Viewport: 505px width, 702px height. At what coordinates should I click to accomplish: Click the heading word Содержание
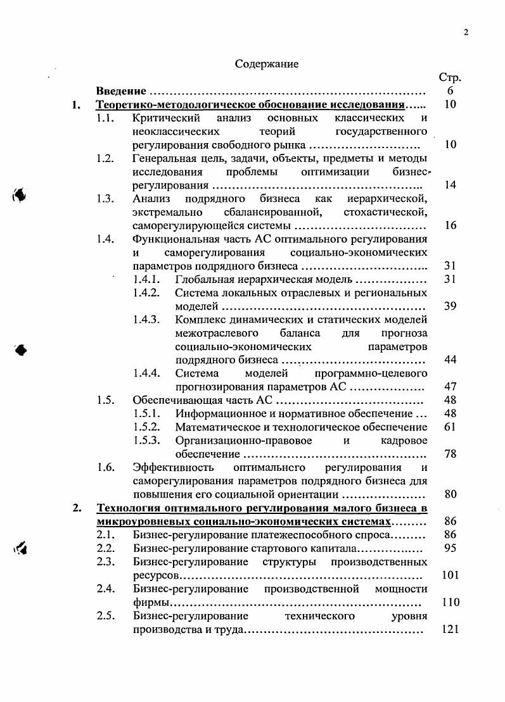[267, 64]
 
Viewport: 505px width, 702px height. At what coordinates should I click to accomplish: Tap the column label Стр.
[450, 78]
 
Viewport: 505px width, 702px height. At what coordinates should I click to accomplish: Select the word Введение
[122, 91]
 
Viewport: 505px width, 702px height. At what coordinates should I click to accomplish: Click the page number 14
[451, 185]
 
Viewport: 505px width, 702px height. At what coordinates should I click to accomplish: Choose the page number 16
[451, 225]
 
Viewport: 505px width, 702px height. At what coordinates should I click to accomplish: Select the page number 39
[451, 306]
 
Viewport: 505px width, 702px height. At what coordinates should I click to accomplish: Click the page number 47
[451, 387]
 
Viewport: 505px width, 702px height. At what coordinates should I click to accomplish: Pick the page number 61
[451, 427]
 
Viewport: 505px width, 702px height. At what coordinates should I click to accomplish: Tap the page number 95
[451, 548]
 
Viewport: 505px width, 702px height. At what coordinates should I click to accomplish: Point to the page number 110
[451, 602]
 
